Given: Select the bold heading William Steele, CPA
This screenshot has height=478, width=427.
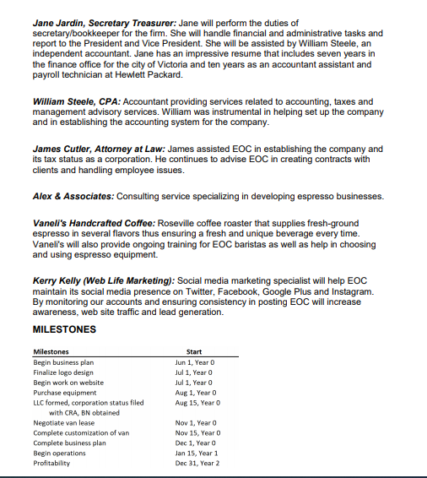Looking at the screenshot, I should click(x=76, y=101).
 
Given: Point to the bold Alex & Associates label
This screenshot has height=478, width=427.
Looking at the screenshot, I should click(x=72, y=196).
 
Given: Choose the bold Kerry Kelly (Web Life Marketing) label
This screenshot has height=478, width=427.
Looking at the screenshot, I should click(x=104, y=280).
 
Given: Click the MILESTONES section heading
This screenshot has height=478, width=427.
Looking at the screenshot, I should click(x=63, y=329).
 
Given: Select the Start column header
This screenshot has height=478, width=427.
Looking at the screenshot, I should click(x=192, y=351).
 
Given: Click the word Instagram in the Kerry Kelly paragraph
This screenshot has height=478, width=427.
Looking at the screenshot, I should click(x=348, y=291).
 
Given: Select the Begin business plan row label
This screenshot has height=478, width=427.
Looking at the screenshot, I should click(x=63, y=362).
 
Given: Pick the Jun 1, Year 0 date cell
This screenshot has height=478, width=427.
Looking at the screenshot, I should click(x=193, y=362).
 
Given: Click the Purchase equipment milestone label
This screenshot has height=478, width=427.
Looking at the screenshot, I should click(x=64, y=393).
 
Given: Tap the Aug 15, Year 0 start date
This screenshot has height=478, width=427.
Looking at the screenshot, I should click(x=195, y=403).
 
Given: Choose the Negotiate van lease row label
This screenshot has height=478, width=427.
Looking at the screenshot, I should click(x=63, y=423).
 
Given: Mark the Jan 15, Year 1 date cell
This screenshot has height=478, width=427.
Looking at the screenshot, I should click(x=195, y=454).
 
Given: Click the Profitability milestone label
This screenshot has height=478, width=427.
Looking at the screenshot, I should click(x=52, y=464).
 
